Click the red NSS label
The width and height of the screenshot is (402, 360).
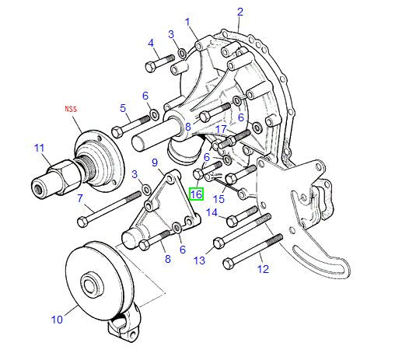click(x=71, y=109)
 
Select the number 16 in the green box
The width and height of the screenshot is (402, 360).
click(x=196, y=194)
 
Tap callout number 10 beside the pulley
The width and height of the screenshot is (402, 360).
click(x=57, y=320)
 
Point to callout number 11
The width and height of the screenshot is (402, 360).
click(x=40, y=149)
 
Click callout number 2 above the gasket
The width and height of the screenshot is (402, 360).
click(x=240, y=12)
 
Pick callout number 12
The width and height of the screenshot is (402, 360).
click(x=263, y=269)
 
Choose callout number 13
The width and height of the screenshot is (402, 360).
click(x=200, y=260)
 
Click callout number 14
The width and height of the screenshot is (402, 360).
click(x=211, y=212)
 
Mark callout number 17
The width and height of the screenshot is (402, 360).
click(x=222, y=129)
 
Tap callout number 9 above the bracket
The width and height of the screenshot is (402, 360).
click(x=155, y=163)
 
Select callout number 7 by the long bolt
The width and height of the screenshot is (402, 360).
click(x=80, y=198)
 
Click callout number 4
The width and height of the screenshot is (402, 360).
click(x=151, y=43)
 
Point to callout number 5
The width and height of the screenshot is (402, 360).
click(x=123, y=108)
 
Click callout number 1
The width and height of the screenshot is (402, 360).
click(x=188, y=22)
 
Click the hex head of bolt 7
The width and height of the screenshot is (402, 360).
click(x=82, y=222)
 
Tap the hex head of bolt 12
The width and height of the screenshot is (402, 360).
click(x=229, y=264)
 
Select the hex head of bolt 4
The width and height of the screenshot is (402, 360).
click(x=151, y=67)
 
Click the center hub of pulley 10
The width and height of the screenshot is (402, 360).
click(x=91, y=285)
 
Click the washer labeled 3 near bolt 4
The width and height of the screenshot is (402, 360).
click(x=182, y=53)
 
